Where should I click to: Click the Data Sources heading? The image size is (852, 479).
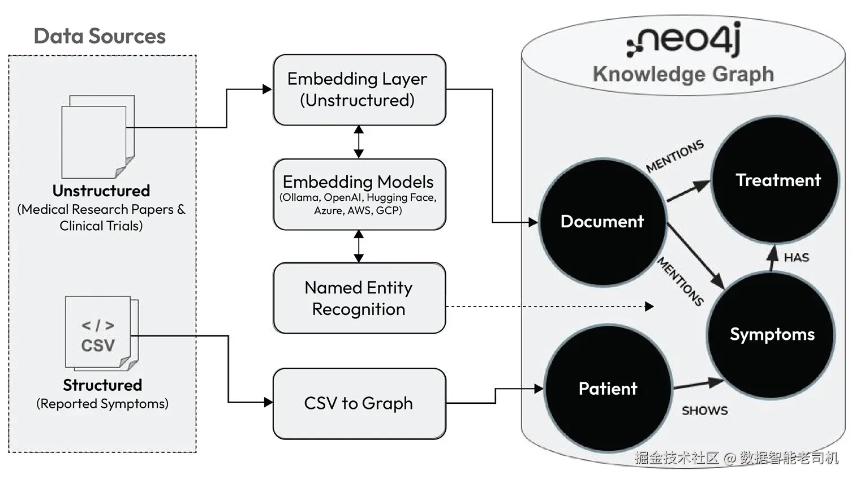100,36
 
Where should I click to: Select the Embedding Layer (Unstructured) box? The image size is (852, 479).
359,90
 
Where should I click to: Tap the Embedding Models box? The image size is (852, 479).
359,195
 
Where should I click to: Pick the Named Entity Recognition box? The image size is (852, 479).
359,298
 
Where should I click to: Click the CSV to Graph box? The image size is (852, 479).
359,403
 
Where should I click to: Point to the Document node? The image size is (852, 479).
603,222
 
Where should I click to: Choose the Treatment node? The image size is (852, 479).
775,179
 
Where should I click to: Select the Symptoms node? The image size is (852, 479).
771,335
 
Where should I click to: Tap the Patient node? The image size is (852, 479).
608,388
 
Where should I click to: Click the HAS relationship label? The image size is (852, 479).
797,258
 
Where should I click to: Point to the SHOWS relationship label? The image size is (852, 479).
705,411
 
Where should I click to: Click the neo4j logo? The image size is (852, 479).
683,39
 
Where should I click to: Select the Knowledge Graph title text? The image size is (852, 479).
683,74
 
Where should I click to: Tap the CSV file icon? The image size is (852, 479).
102,333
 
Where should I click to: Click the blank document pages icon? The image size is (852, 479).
98,137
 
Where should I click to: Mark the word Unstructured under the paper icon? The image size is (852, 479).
101,191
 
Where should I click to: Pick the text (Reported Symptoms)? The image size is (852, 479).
102,404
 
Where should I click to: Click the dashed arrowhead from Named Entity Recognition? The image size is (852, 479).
649,307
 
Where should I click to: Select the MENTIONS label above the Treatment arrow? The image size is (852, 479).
675,156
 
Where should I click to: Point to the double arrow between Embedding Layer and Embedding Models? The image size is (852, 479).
359,142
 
